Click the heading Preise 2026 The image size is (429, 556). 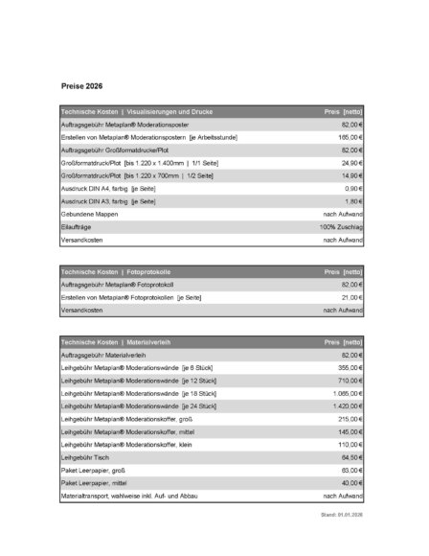point(82,85)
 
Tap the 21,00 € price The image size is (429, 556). point(350,297)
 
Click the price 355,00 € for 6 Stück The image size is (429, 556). point(348,368)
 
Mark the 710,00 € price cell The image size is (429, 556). point(348,381)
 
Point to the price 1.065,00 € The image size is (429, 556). point(345,394)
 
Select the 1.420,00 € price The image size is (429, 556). point(345,406)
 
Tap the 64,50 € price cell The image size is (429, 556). point(350,458)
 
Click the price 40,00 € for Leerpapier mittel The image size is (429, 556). point(350,483)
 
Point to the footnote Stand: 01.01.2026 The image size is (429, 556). point(344,516)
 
